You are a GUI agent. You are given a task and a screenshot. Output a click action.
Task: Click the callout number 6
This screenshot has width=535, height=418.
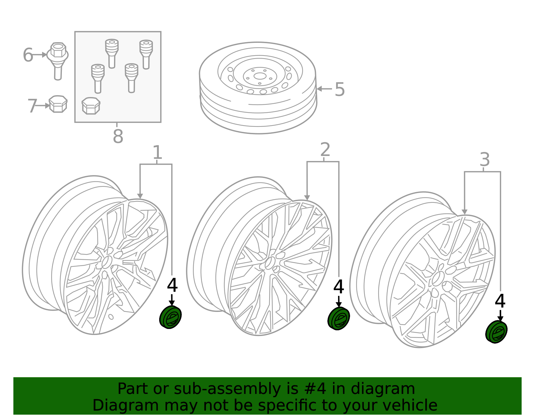tap(28, 55)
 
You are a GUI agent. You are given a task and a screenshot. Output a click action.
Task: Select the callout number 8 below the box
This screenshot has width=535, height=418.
tap(118, 137)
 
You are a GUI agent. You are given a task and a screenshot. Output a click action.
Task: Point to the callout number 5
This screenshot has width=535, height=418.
tap(339, 90)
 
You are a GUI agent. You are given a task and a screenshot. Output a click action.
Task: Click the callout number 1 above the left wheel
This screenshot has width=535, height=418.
tap(157, 153)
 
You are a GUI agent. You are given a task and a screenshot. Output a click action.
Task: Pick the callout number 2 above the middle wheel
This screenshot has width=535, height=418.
tap(325, 150)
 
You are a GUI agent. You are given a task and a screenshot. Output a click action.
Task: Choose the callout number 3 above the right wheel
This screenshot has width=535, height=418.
tap(485, 160)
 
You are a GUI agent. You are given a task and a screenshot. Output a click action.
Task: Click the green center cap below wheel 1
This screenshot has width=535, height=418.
tap(171, 317)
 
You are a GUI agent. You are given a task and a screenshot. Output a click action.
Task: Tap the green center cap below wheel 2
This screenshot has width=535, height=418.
tap(339, 318)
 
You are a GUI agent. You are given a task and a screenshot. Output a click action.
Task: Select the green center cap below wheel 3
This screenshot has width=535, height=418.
tap(497, 332)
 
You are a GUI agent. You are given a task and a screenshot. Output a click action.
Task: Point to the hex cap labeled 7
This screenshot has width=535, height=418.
tap(58, 104)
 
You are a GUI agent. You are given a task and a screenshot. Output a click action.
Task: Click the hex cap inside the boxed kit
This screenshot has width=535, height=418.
tap(91, 106)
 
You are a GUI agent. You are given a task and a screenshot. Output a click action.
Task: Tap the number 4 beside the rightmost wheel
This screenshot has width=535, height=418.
tap(500, 301)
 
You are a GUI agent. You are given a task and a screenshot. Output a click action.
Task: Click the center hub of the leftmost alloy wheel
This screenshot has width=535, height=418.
tap(106, 262)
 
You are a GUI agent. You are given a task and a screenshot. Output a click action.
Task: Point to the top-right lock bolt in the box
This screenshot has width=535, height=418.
tap(146, 54)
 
